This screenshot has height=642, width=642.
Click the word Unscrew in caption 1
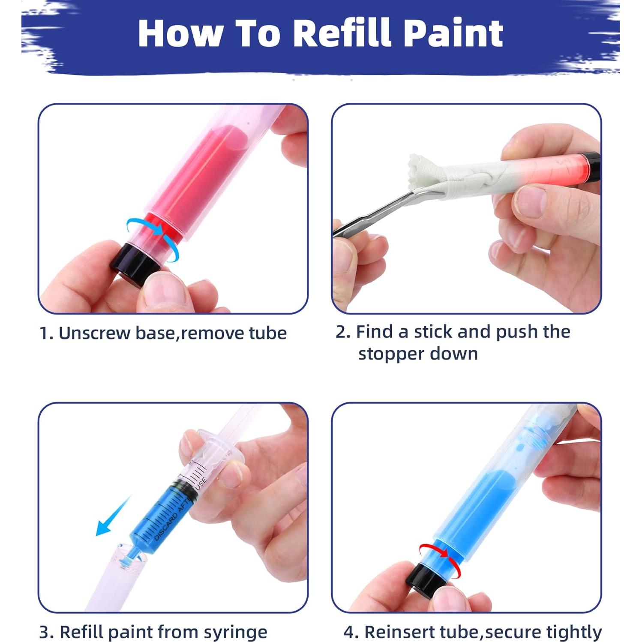[94, 333]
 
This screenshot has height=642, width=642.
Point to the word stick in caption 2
[433, 332]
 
